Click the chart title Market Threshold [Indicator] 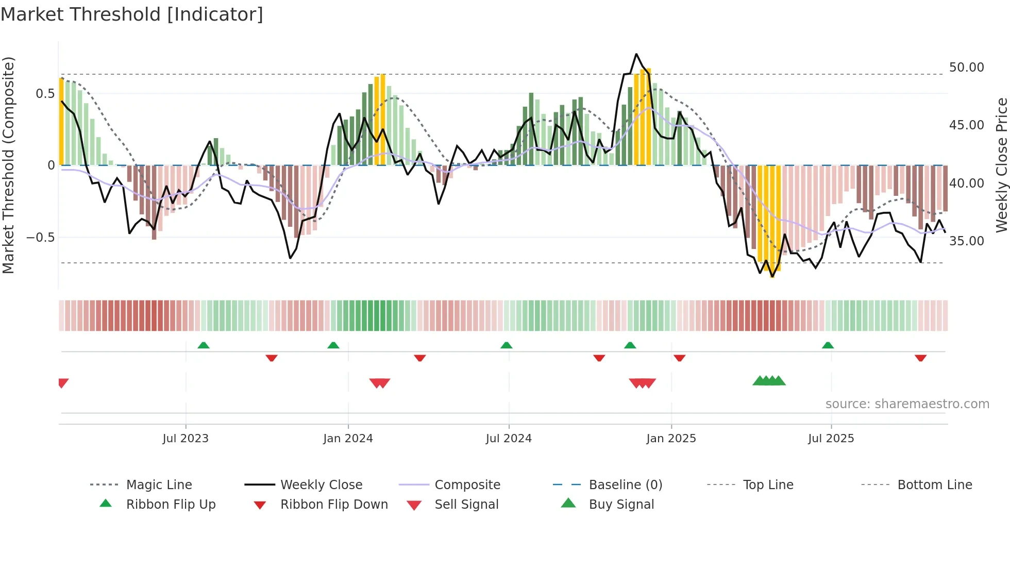tap(132, 14)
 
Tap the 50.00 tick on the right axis tap(966, 68)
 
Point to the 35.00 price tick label tap(966, 241)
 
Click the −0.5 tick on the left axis tap(41, 238)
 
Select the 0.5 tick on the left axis tap(45, 94)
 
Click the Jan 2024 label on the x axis tap(348, 439)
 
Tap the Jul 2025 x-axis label tap(831, 439)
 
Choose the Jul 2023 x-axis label tap(186, 439)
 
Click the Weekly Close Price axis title tap(1001, 165)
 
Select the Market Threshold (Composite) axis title tap(8, 165)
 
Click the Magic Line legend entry tap(159, 485)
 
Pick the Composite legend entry tap(467, 485)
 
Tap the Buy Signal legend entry tap(621, 505)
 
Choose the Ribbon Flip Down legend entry tap(333, 505)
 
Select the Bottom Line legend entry tap(934, 485)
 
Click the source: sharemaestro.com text tap(907, 404)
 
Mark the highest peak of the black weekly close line tap(636, 54)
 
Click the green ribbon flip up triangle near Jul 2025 tap(828, 345)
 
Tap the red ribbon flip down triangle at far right tap(920, 358)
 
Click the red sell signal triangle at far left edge tap(63, 383)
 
